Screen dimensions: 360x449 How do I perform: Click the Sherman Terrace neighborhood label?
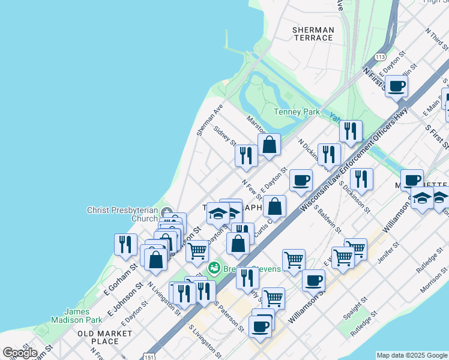(313, 34)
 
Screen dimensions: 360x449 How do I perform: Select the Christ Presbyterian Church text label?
(122, 214)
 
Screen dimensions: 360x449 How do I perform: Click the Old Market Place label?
(104, 337)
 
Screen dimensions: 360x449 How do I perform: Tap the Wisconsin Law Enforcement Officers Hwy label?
(354, 159)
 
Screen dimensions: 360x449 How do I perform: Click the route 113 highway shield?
(379, 56)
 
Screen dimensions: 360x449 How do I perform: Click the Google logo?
(20, 352)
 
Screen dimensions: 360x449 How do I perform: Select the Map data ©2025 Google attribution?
(412, 355)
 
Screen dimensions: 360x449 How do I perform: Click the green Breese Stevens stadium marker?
(213, 266)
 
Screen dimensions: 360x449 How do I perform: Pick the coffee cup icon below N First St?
(396, 86)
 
